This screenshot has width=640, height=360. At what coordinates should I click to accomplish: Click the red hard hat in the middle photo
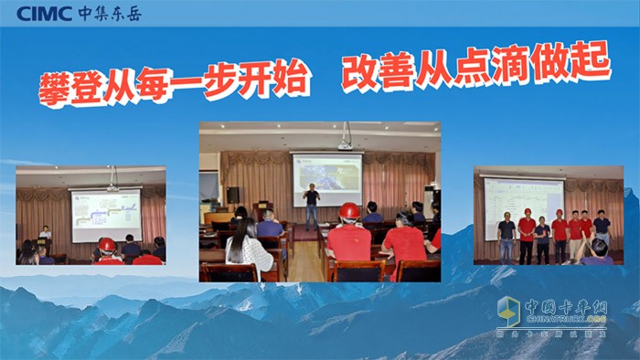[x=348, y=211]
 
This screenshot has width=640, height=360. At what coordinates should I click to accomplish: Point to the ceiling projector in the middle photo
[x=345, y=143]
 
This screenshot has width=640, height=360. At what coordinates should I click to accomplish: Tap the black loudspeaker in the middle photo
[x=233, y=195]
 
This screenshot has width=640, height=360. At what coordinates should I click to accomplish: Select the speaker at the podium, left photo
[x=45, y=235]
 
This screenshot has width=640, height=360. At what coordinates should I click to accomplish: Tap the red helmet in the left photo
[x=107, y=245]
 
